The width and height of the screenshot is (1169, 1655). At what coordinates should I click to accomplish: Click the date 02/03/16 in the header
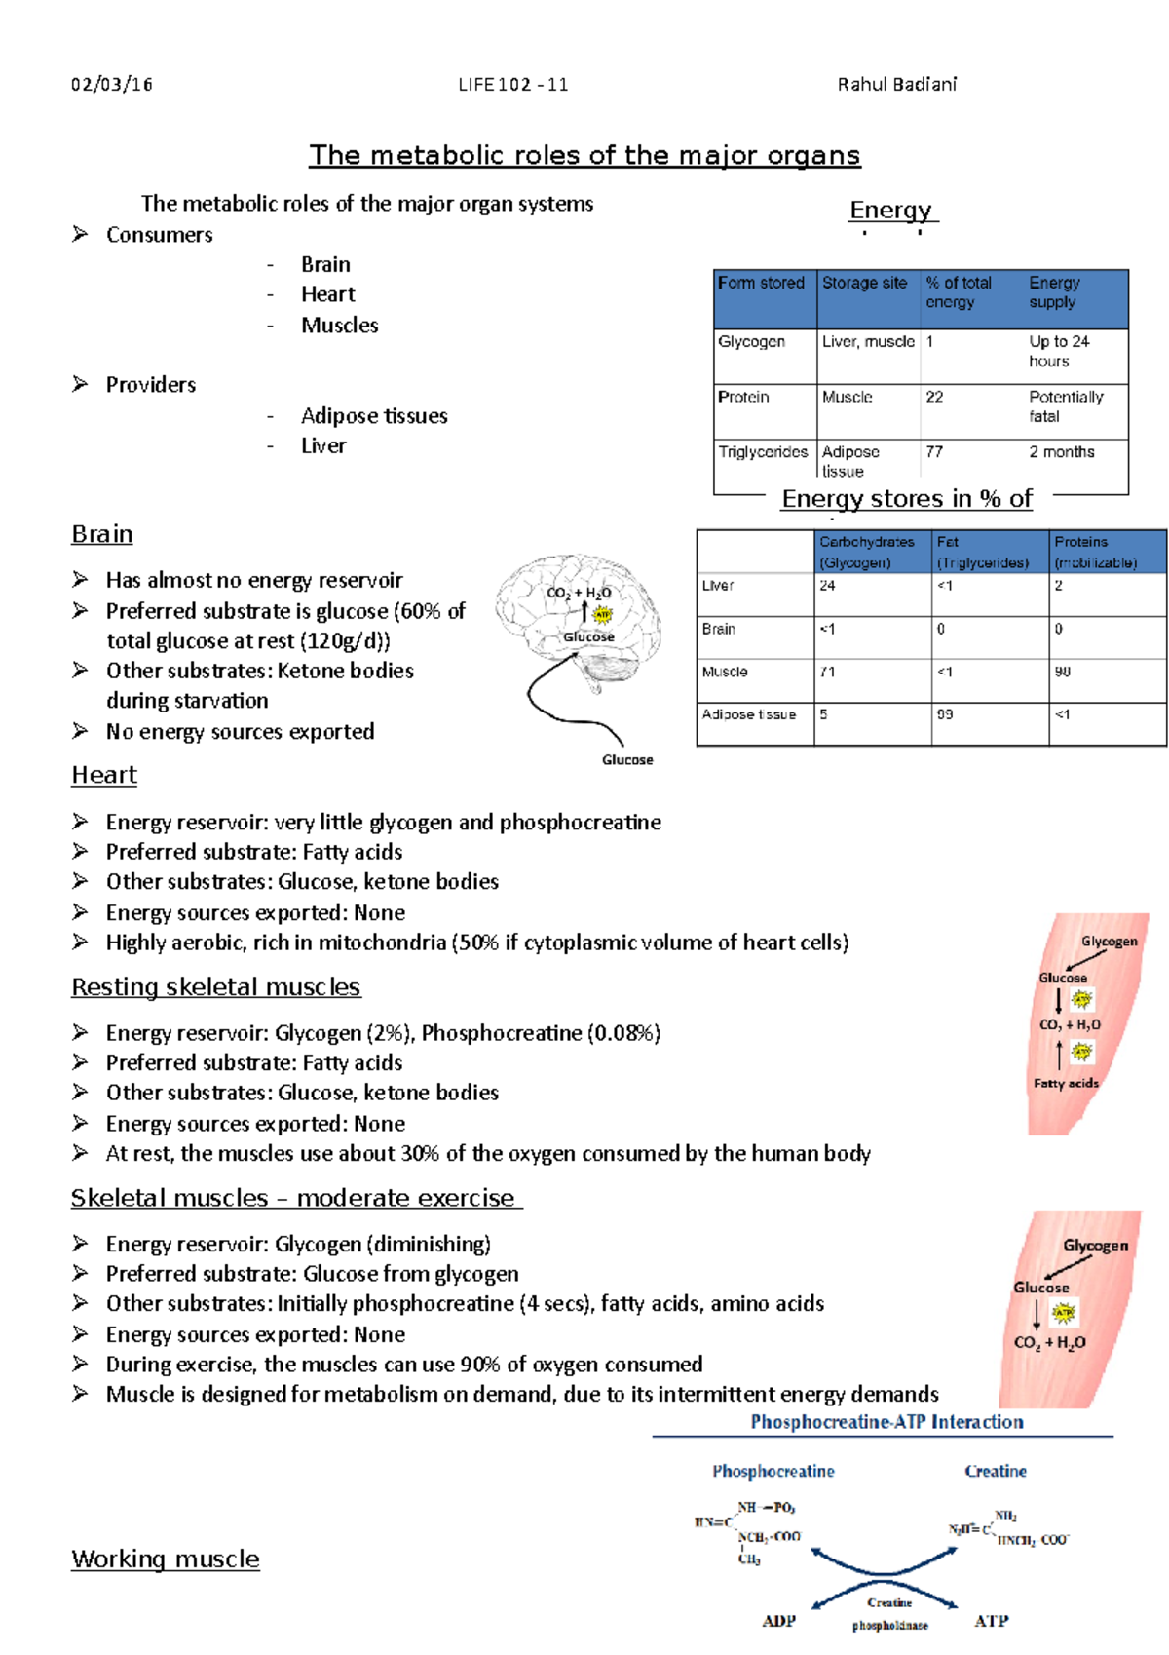point(111,85)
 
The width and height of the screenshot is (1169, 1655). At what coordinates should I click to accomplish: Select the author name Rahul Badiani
point(896,85)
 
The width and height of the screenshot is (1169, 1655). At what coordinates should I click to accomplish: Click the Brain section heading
point(102,534)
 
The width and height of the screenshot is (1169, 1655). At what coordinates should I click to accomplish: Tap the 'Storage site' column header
point(864,284)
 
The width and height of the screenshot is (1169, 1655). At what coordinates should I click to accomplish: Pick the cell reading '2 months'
point(1061,452)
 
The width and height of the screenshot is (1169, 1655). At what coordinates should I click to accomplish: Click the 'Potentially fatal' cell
point(1065,406)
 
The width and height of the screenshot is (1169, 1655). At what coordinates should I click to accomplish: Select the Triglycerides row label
point(763,452)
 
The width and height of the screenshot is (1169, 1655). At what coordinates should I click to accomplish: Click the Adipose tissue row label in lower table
point(748,714)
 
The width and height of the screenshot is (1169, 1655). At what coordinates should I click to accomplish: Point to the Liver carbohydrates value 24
point(827,586)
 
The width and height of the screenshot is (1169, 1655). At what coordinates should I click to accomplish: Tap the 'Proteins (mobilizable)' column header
point(1095,552)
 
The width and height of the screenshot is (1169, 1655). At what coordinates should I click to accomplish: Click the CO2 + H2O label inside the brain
point(579,593)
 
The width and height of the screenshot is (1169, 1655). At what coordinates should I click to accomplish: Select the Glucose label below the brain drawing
point(627,760)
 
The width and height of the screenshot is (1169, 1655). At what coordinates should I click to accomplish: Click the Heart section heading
point(104,775)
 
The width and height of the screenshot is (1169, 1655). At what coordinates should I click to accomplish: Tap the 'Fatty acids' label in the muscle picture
point(1066,1083)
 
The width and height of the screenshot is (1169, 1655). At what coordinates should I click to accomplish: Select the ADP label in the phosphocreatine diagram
point(778,1621)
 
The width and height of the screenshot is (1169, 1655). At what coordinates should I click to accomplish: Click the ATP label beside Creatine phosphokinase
point(991,1621)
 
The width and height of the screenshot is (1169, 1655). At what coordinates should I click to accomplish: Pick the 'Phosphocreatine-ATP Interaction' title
point(886,1422)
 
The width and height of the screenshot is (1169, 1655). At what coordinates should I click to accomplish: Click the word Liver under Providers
point(323,446)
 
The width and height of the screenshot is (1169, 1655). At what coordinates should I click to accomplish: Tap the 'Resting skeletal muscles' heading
point(215,987)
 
